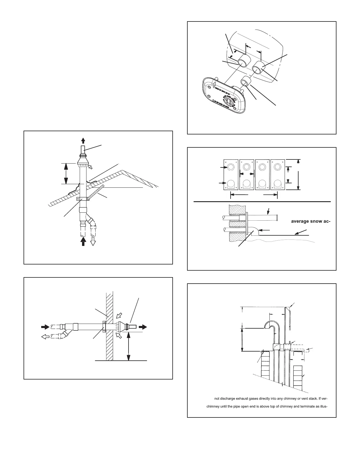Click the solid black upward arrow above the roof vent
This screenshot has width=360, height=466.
point(83,140)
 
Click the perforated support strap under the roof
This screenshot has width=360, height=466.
point(96,192)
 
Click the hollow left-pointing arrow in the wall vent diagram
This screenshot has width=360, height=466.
point(45,337)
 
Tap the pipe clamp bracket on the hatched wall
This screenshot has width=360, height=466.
point(104,327)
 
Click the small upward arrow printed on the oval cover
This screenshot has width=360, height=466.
point(213,86)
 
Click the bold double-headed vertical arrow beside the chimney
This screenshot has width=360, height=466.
point(242,340)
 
